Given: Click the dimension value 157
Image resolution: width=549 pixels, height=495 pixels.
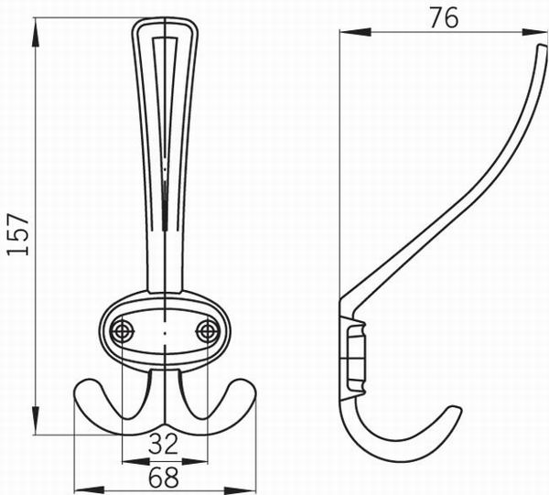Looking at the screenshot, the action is pyautogui.click(x=17, y=234).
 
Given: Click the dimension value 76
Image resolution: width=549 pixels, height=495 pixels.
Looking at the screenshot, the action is pyautogui.click(x=444, y=18).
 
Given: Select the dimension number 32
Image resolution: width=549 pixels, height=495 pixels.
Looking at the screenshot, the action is pyautogui.click(x=163, y=445).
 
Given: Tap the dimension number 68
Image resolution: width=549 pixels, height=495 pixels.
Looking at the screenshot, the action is pyautogui.click(x=163, y=477).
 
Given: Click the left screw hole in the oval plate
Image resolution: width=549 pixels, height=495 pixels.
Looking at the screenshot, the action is pyautogui.click(x=123, y=330).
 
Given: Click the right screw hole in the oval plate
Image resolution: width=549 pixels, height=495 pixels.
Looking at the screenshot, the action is pyautogui.click(x=208, y=330).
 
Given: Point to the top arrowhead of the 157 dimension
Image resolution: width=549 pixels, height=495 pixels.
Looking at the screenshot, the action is pyautogui.click(x=36, y=32).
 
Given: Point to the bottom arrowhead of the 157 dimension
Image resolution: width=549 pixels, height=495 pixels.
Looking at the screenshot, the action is pyautogui.click(x=36, y=420).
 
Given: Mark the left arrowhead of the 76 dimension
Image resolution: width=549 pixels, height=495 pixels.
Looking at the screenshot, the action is pyautogui.click(x=355, y=32).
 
